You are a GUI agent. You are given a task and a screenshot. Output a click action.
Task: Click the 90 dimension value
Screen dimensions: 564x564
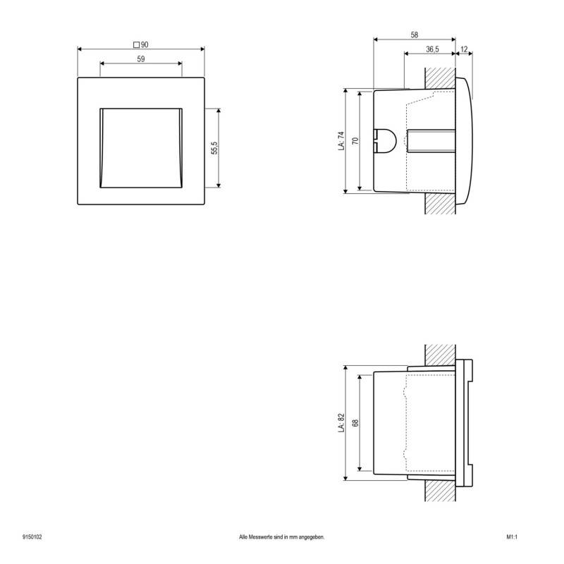pos(145,45)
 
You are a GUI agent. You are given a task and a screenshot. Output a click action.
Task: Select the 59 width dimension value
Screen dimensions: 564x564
pos(141,59)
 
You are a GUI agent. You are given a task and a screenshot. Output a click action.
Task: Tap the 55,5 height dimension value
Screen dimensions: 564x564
pos(214,148)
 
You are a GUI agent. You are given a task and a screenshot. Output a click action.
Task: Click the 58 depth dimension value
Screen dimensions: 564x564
pos(415,35)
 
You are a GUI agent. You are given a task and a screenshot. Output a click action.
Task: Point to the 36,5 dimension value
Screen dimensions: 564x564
pos(432,49)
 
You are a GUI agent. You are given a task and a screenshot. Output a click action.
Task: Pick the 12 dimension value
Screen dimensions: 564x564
pos(464,49)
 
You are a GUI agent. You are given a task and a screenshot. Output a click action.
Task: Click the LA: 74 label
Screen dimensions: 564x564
pos(341,140)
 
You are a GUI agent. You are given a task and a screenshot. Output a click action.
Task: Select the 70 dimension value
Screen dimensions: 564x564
pos(355,140)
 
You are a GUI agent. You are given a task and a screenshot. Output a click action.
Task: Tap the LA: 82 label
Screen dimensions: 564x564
pos(341,422)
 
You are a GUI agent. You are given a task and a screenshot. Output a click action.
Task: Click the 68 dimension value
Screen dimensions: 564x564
pos(355,422)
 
